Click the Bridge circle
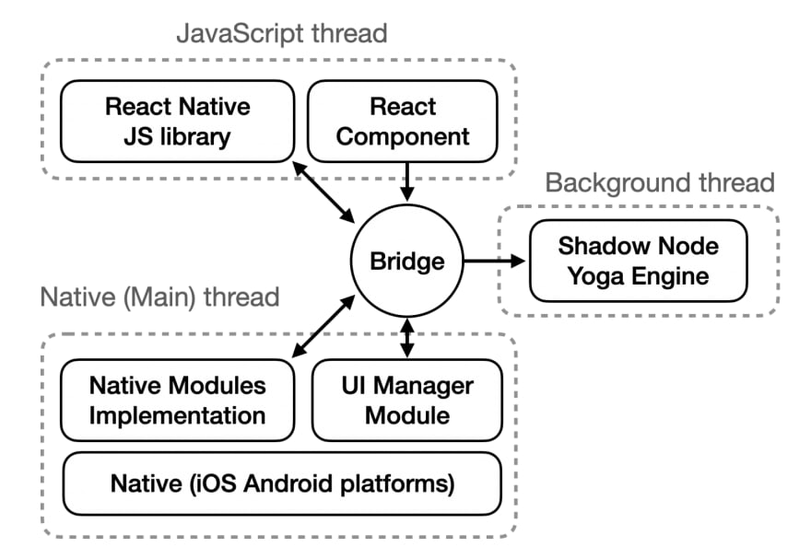tap(406, 262)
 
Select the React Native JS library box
tap(177, 122)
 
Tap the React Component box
tap(403, 122)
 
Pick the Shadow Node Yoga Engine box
tap(638, 261)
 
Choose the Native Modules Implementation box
tap(177, 400)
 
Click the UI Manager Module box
tap(407, 400)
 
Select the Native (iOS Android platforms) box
tap(281, 483)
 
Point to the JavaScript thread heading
tap(281, 35)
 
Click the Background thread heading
tap(659, 182)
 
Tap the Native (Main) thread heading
tap(159, 297)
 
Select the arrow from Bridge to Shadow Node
tap(494, 262)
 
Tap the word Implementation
tap(177, 414)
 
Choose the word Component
tap(403, 137)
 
